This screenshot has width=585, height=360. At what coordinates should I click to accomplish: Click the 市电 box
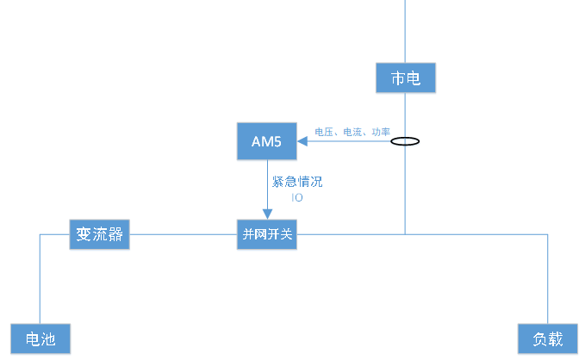click(x=405, y=78)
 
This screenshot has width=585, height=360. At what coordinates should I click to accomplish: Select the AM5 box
click(x=266, y=141)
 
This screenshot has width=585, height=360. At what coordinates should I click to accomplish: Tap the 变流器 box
click(x=99, y=234)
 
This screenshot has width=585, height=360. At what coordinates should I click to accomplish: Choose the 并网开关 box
click(x=267, y=234)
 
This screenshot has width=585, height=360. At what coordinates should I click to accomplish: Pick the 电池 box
click(x=40, y=339)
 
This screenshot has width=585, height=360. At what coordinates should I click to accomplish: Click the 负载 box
click(x=546, y=339)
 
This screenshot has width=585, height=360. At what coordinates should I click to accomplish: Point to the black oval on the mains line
click(x=405, y=141)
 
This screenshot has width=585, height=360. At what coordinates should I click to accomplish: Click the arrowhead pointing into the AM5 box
click(x=302, y=141)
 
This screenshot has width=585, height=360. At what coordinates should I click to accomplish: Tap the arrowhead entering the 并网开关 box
click(x=267, y=215)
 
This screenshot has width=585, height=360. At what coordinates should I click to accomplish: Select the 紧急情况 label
click(x=297, y=182)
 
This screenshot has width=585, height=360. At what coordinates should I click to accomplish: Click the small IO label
click(x=297, y=197)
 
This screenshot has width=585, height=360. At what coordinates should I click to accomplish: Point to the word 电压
click(x=324, y=132)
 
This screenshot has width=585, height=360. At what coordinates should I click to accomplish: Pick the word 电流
click(x=352, y=132)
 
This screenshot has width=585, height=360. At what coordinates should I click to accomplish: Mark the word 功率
click(x=380, y=132)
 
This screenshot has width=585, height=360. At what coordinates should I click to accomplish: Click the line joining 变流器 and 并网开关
click(x=183, y=234)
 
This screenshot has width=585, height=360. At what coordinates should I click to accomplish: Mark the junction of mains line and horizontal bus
click(x=405, y=234)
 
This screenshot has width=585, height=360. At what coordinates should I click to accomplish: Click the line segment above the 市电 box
click(x=405, y=30)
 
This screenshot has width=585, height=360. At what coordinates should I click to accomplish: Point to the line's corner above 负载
click(x=546, y=234)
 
